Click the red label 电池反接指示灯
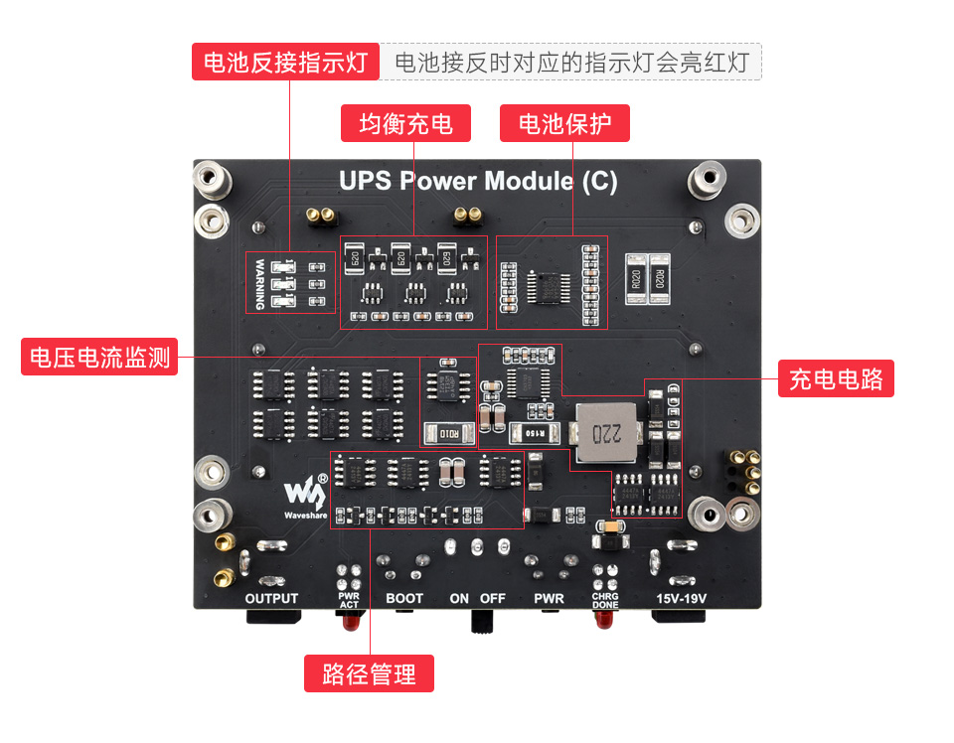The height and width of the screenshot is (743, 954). pos(285,63)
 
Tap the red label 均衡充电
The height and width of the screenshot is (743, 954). pos(405,123)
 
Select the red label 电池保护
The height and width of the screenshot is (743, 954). pos(564,123)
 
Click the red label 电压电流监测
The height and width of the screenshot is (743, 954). pos(99,357)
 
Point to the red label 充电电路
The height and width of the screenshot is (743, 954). pos(836,378)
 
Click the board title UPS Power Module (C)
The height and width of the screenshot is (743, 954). pos(478,181)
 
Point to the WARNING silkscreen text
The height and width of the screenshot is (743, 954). pos(259,284)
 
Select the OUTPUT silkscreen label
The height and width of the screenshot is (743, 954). pos(271,598)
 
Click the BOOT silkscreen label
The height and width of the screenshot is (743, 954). pos(404,598)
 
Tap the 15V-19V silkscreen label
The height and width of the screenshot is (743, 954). pos(683,598)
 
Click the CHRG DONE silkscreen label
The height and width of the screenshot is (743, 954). pos(605,599)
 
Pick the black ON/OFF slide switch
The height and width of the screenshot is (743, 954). pos(482,620)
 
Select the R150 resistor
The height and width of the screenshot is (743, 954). pos(529,433)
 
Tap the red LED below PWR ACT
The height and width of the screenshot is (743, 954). pos(349,622)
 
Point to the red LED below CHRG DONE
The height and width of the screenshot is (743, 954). pos(602,622)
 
